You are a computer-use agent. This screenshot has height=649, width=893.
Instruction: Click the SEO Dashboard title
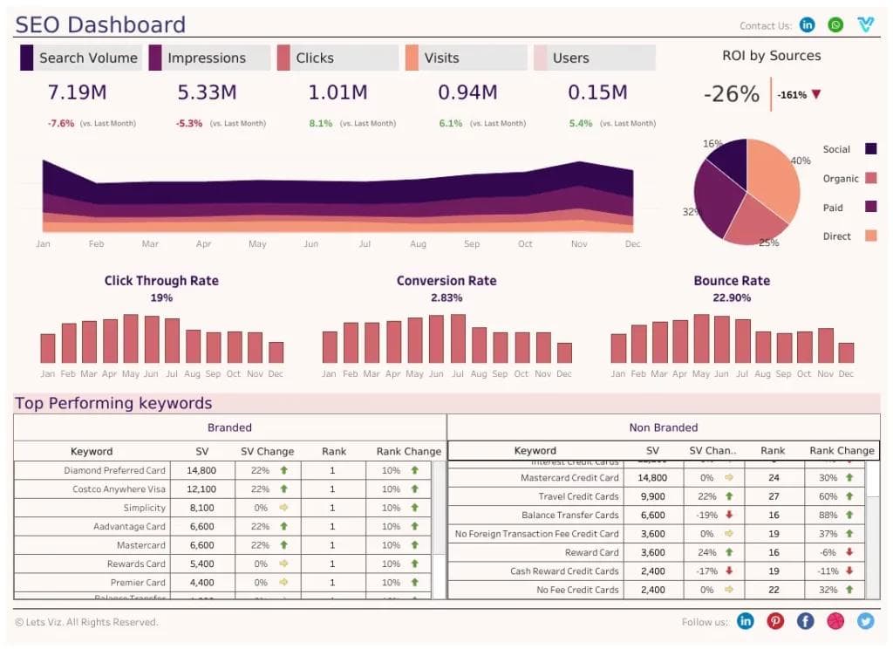(100, 24)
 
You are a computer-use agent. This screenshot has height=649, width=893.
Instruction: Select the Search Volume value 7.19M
(78, 92)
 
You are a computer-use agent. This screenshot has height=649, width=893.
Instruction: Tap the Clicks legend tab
(314, 58)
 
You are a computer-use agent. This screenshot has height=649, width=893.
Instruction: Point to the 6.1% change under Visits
(451, 124)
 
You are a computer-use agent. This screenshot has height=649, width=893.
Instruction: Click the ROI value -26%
(731, 94)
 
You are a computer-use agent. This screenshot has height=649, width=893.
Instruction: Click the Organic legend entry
(842, 179)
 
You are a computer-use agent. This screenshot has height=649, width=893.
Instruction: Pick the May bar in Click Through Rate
(131, 338)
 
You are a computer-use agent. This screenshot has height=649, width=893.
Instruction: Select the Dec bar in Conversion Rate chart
(564, 352)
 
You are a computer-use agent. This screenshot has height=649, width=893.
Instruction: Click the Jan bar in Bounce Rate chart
(618, 348)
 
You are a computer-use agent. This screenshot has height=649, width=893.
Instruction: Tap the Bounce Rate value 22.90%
(731, 297)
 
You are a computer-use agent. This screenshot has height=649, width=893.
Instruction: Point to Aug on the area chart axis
(418, 244)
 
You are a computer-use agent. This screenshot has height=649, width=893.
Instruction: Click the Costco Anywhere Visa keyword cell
(119, 489)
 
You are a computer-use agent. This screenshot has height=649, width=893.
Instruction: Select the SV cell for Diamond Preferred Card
(201, 470)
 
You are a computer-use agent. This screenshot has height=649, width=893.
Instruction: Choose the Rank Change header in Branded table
(408, 452)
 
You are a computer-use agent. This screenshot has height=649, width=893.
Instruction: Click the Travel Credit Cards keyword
(578, 496)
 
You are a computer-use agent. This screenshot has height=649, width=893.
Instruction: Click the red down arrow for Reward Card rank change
(849, 552)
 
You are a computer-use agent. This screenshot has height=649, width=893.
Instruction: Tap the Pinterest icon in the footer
(775, 621)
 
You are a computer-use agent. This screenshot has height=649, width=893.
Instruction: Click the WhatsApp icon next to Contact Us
(836, 25)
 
